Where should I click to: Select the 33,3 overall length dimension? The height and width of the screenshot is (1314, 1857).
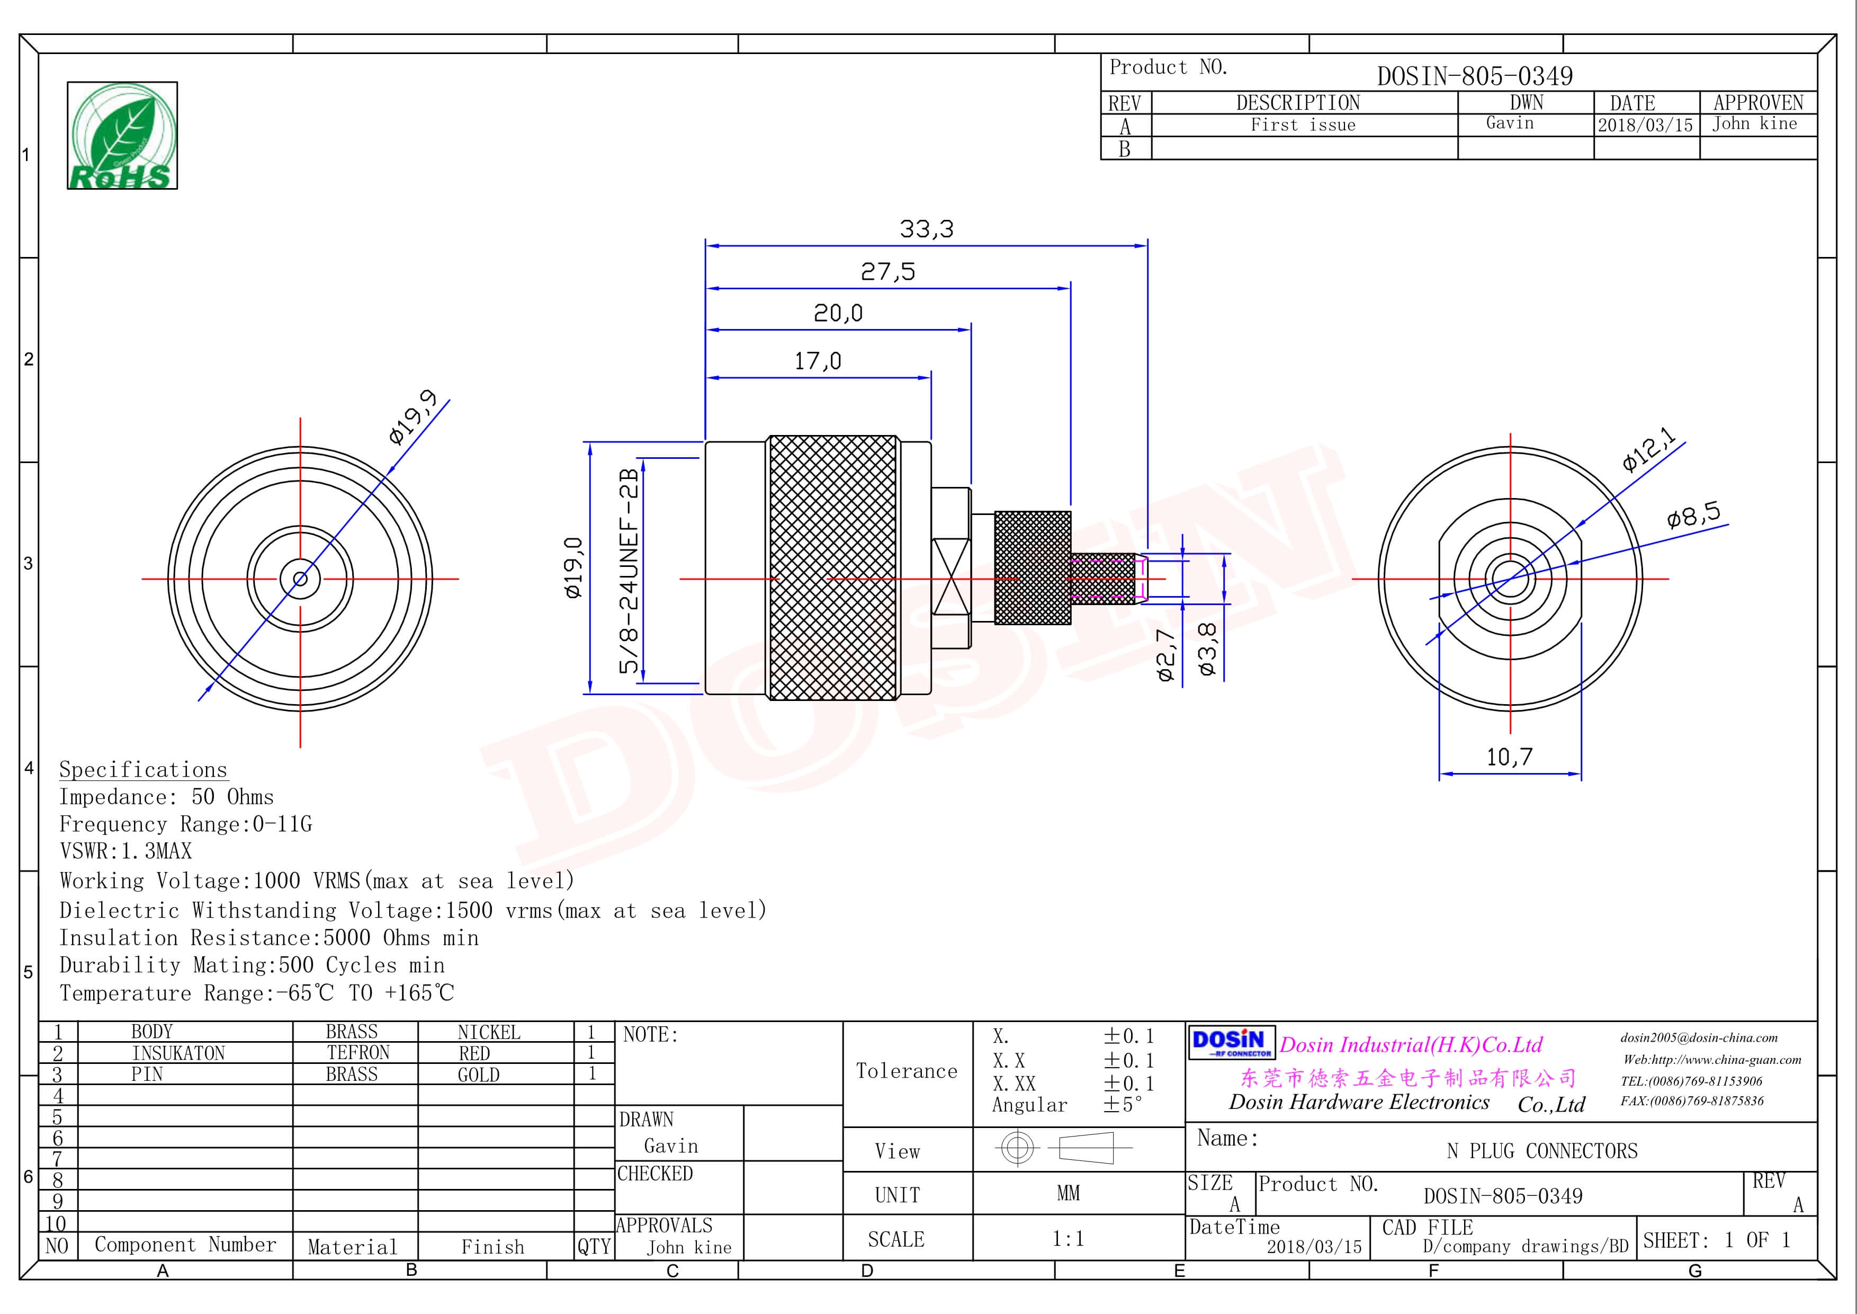[x=927, y=229]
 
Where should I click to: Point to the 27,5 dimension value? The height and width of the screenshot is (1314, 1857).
[x=888, y=271]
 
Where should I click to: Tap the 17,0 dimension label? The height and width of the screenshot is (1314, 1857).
[x=818, y=361]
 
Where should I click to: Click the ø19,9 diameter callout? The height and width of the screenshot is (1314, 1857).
[x=414, y=416]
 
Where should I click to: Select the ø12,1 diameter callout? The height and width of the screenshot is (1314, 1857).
[x=1648, y=449]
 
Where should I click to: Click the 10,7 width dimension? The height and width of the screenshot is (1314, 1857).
[x=1509, y=757]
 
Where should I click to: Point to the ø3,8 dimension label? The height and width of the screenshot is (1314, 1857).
[x=1207, y=649]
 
